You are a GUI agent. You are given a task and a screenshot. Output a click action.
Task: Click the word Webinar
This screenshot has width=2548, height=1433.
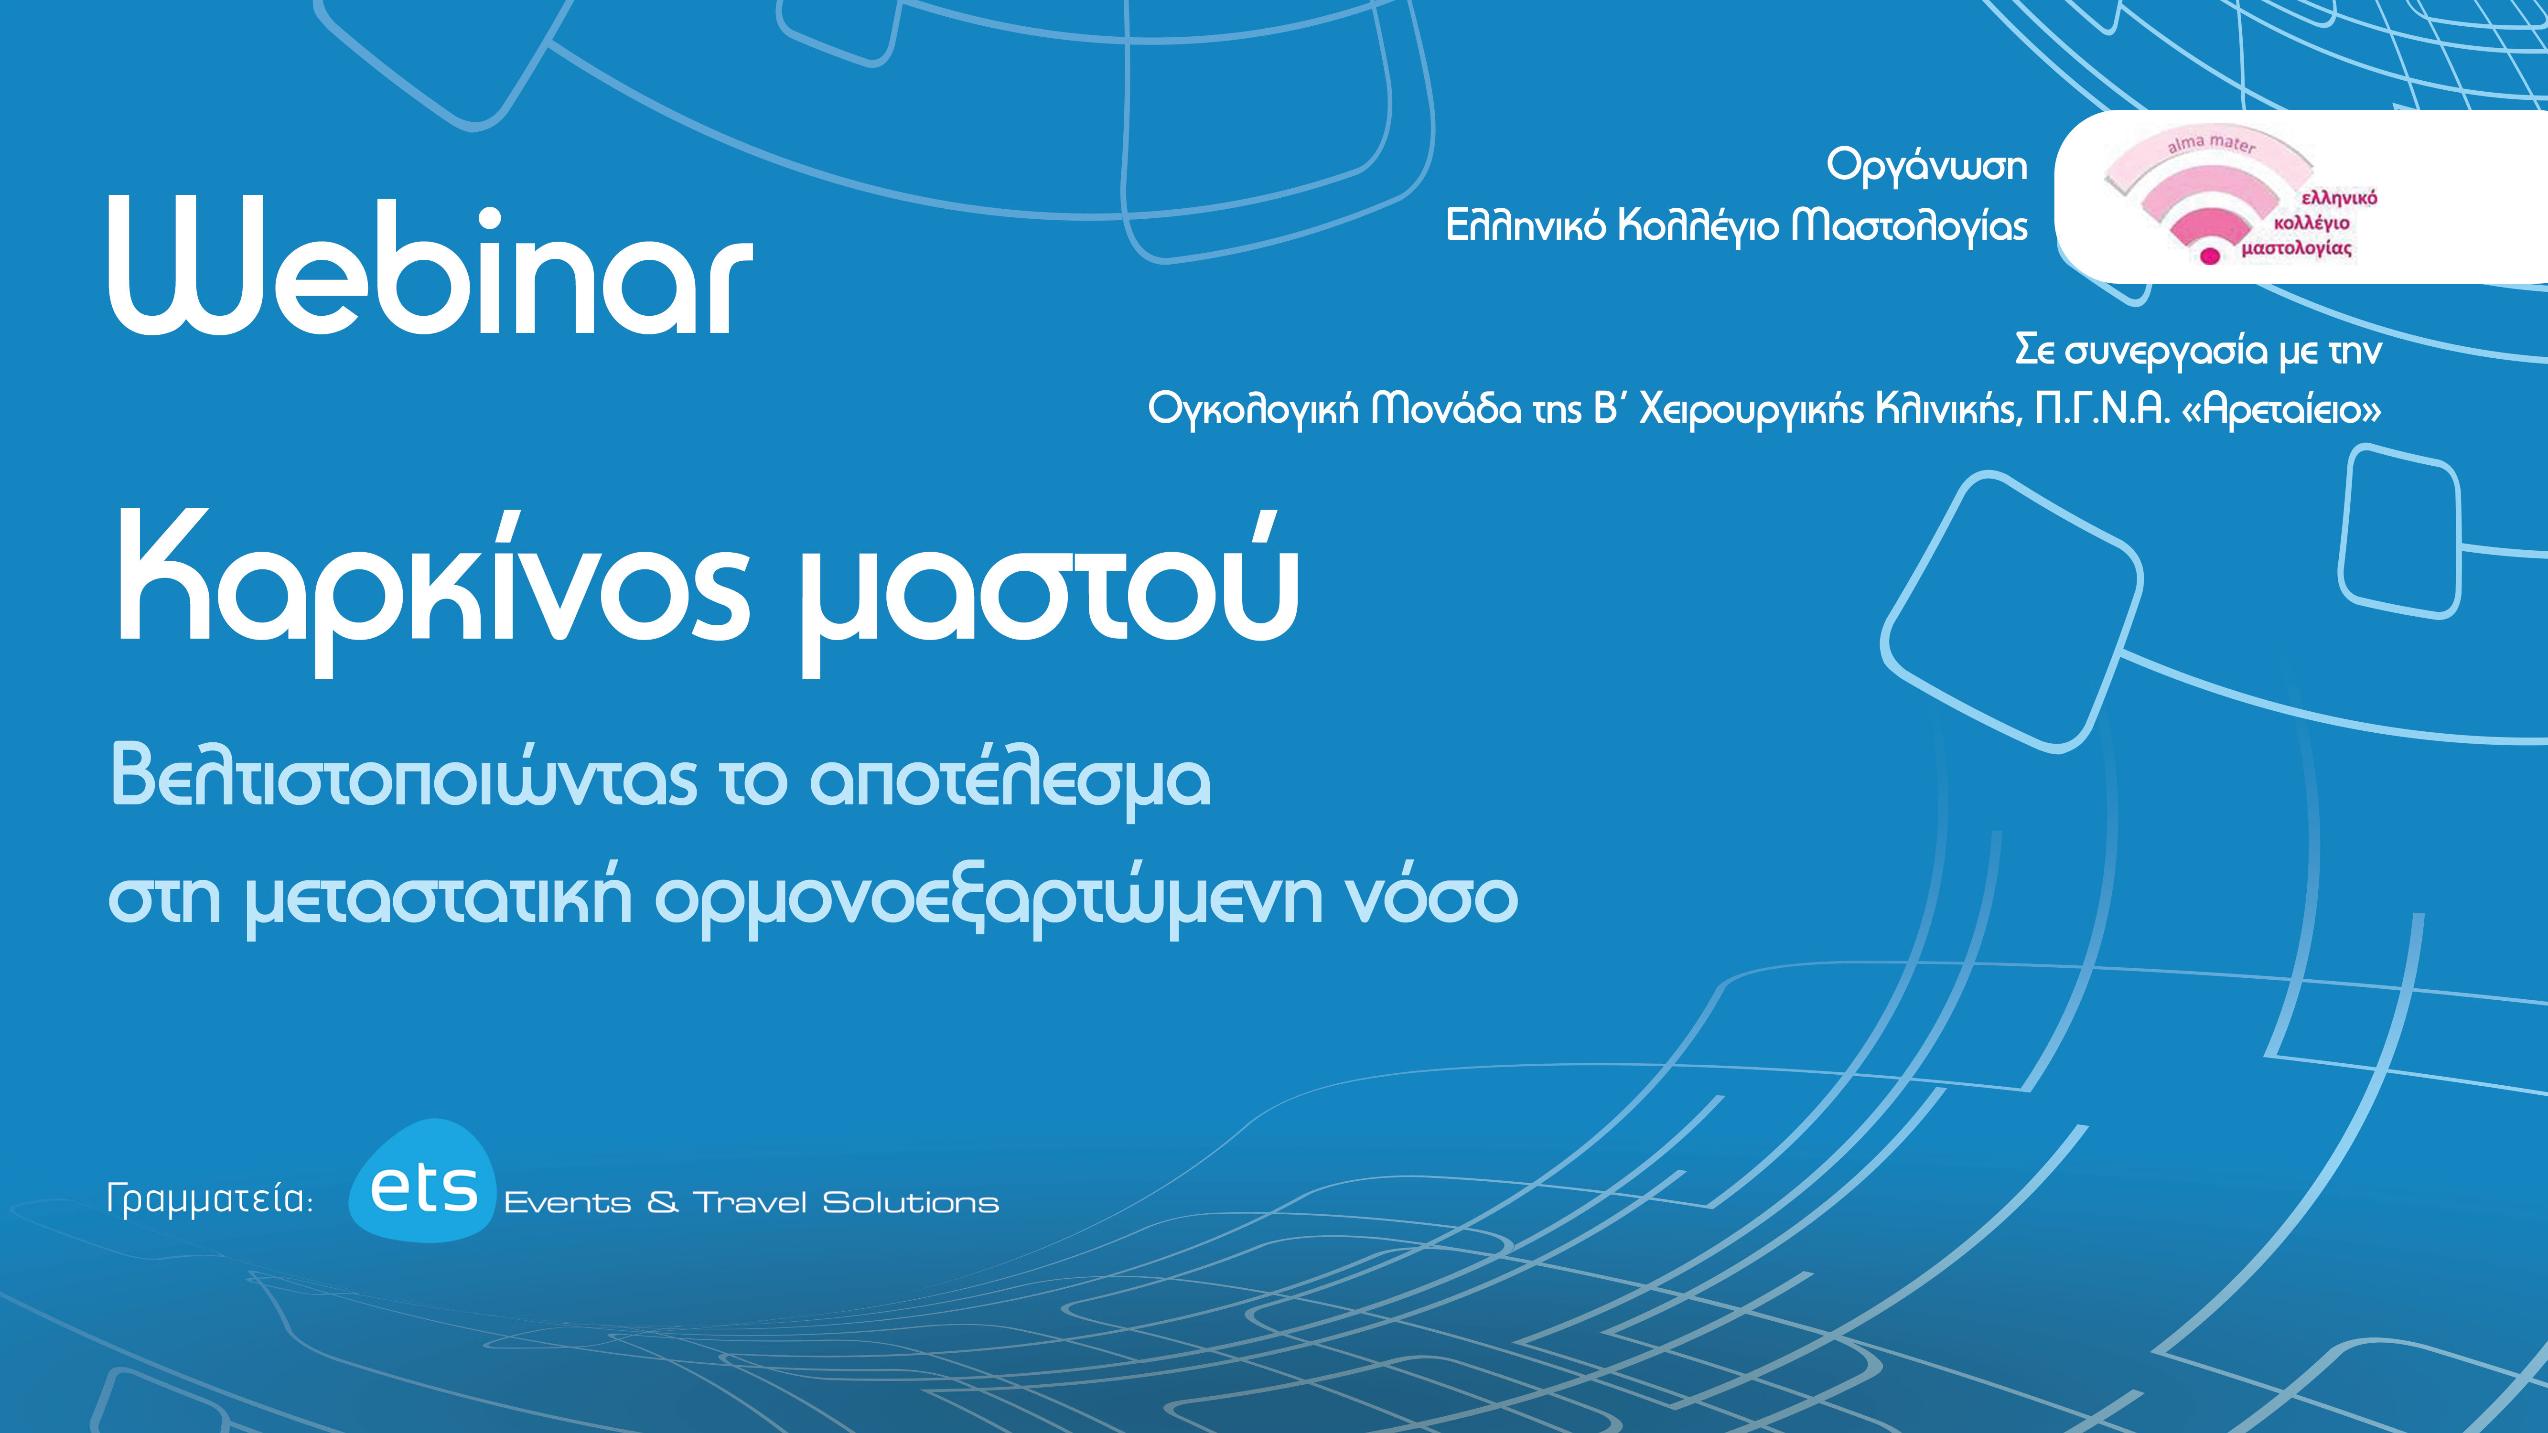[430, 267]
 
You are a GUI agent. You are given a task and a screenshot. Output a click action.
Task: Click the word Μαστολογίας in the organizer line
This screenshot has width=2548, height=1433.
[1909, 226]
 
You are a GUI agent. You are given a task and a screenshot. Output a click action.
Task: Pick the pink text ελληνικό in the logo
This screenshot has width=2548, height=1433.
[2339, 198]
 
